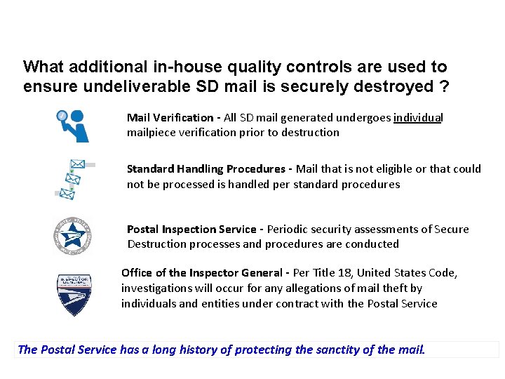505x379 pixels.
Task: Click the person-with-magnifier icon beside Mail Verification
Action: pyautogui.click(x=72, y=125)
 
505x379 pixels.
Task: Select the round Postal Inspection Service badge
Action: pyautogui.click(x=72, y=236)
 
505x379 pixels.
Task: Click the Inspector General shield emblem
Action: pyautogui.click(x=74, y=293)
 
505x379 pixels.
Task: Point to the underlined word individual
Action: pyautogui.click(x=418, y=117)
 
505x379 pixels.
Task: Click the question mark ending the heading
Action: pyautogui.click(x=445, y=87)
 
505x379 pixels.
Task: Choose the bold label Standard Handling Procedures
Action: pyautogui.click(x=206, y=168)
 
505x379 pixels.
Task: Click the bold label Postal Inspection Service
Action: pyautogui.click(x=191, y=229)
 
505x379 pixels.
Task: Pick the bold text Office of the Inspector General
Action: pyautogui.click(x=201, y=272)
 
